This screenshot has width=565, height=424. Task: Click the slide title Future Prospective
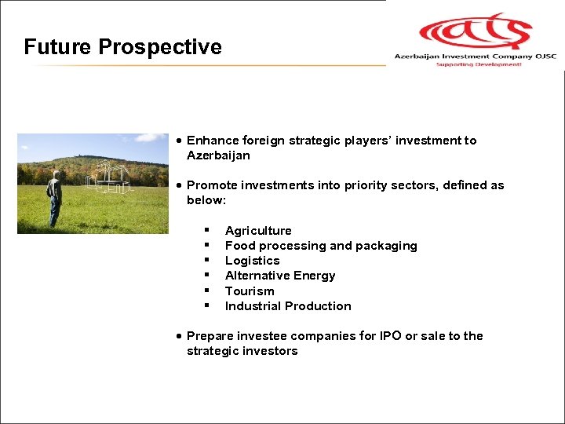(x=122, y=47)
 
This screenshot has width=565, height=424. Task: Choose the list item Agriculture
(x=258, y=231)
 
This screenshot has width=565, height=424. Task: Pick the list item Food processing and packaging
(x=321, y=246)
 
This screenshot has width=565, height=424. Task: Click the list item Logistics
(x=252, y=261)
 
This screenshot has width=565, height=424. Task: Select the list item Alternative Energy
(x=280, y=276)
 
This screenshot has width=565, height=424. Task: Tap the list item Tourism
(x=250, y=291)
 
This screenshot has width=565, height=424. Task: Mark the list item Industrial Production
(x=288, y=306)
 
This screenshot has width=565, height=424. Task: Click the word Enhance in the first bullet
(x=212, y=141)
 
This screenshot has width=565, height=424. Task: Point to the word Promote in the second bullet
(x=211, y=185)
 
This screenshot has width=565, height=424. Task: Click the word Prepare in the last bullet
(x=210, y=336)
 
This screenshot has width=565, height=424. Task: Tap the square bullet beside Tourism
(x=206, y=291)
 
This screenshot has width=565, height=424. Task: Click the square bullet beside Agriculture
(x=206, y=230)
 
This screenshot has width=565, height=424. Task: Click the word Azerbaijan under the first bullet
(x=218, y=155)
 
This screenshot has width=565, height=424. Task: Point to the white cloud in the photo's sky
(x=149, y=139)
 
